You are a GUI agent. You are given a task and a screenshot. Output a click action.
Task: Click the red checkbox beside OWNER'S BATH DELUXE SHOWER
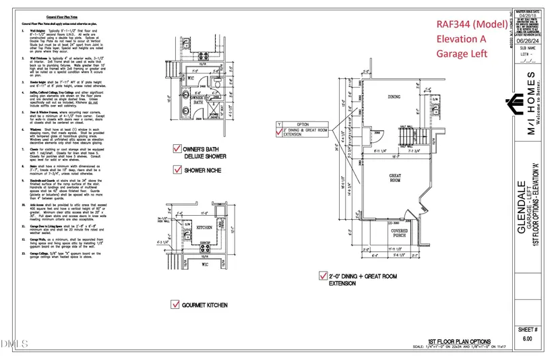[x=177, y=148]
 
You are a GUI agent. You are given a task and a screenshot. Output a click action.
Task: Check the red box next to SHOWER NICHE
[x=177, y=171]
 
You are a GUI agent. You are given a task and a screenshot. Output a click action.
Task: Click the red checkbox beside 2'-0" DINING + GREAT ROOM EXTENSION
[x=322, y=276]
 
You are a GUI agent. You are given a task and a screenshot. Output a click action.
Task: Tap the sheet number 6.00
[x=527, y=339]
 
